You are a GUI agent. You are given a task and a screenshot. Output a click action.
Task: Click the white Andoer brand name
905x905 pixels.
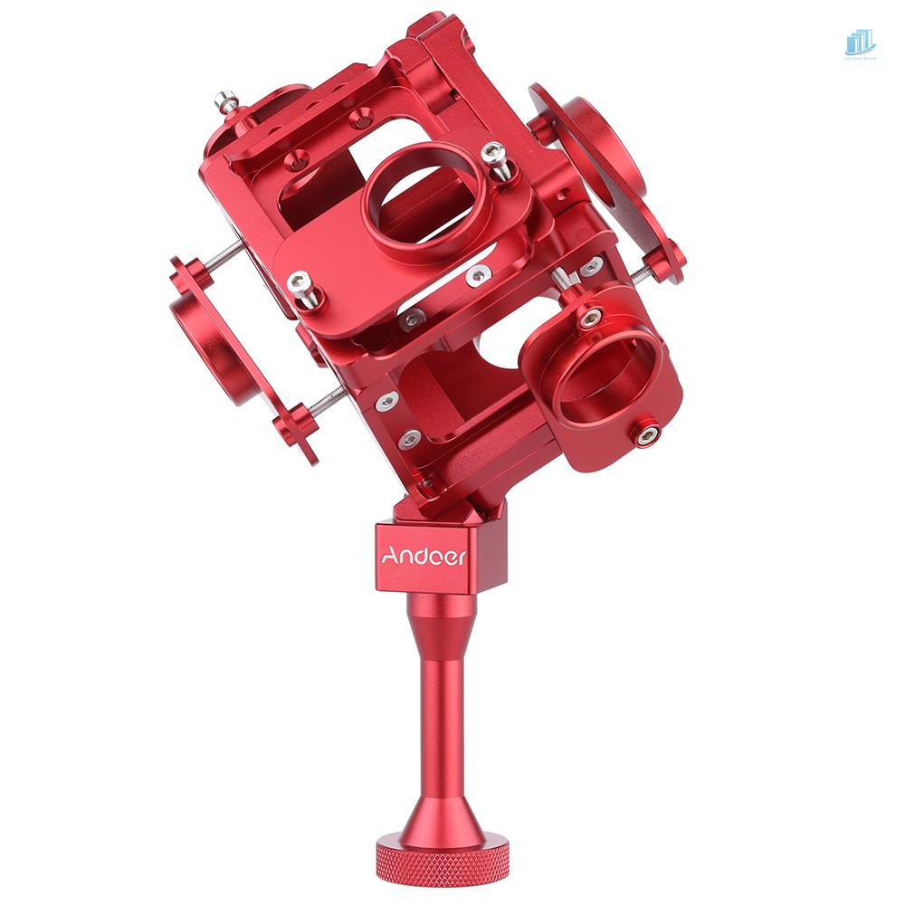click(x=423, y=557)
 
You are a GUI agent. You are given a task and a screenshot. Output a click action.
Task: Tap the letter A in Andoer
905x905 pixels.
click(x=387, y=556)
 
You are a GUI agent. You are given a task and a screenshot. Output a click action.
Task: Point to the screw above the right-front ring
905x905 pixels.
click(x=591, y=317)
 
